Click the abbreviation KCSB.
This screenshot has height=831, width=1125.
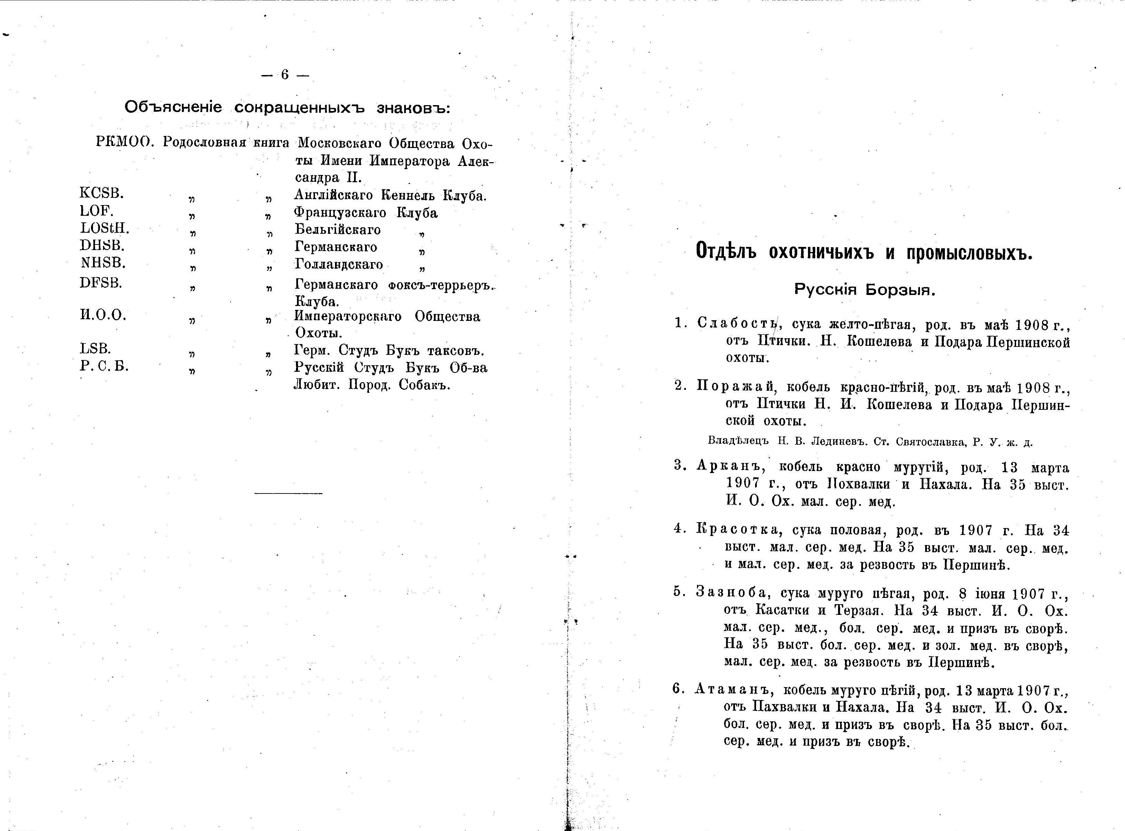[102, 193]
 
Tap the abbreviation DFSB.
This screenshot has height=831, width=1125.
[101, 283]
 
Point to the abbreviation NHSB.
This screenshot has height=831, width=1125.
[103, 262]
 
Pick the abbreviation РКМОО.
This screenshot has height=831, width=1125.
[124, 142]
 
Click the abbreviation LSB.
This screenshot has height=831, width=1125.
[95, 348]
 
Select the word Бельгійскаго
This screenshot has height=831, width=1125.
[337, 230]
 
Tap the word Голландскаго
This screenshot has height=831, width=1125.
[338, 265]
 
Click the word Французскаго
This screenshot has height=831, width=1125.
[340, 213]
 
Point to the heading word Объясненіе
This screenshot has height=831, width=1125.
[173, 107]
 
